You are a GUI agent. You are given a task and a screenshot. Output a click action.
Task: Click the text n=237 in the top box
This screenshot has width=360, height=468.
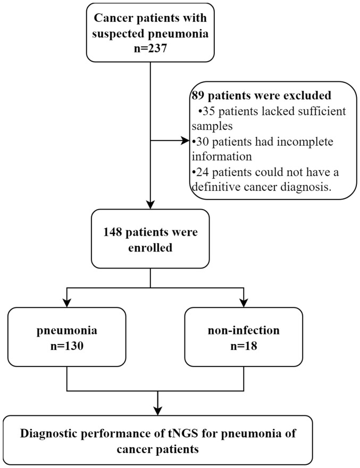pyautogui.click(x=150, y=48)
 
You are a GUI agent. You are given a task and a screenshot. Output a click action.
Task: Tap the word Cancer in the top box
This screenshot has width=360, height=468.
pyautogui.click(x=113, y=18)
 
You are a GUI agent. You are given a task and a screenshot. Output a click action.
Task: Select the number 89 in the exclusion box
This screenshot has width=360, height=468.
pyautogui.click(x=198, y=95)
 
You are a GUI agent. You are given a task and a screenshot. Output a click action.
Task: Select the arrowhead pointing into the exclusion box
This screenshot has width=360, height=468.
pyautogui.click(x=186, y=140)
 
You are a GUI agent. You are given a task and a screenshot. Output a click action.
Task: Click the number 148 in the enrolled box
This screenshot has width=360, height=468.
pyautogui.click(x=113, y=232)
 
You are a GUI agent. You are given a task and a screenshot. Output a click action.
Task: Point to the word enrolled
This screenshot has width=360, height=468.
pyautogui.click(x=150, y=247)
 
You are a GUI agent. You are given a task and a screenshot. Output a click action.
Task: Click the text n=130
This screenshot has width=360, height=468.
pyautogui.click(x=67, y=346)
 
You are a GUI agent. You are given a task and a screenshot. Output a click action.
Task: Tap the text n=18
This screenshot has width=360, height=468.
pyautogui.click(x=244, y=346)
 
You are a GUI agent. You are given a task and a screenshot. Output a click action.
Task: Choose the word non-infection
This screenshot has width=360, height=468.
pyautogui.click(x=244, y=330)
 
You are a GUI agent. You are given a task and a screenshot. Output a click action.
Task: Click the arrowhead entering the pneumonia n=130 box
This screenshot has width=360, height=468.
pyautogui.click(x=67, y=303)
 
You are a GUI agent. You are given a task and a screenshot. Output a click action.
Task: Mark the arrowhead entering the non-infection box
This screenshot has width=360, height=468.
pyautogui.click(x=244, y=303)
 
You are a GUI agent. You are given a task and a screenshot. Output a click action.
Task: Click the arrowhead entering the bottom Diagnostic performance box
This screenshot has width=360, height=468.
pyautogui.click(x=157, y=411)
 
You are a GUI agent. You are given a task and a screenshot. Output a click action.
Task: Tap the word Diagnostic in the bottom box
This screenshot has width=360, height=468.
pyautogui.click(x=49, y=433)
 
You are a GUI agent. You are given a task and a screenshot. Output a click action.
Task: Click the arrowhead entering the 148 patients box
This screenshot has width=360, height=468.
pyautogui.click(x=150, y=204)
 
